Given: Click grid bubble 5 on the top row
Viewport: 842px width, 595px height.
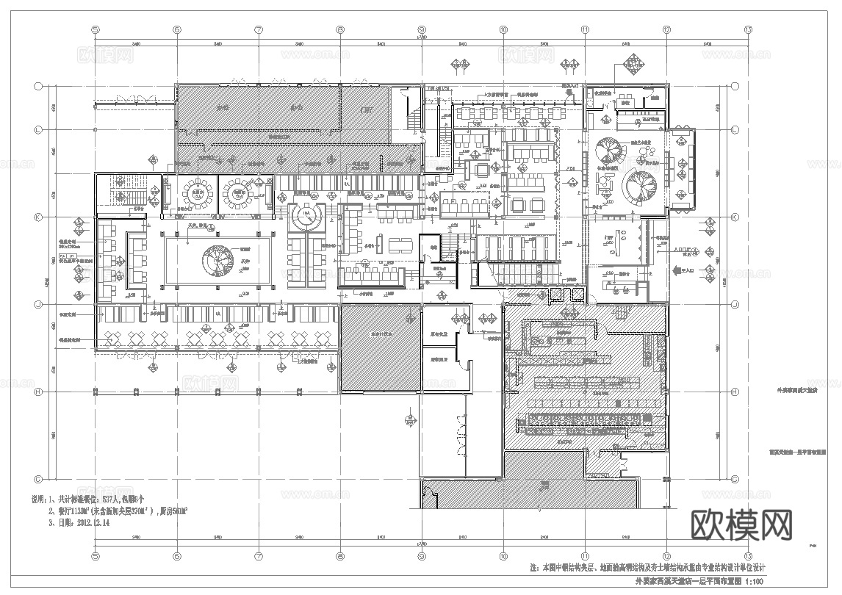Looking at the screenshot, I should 95,30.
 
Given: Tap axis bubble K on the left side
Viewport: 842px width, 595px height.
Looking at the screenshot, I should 37,217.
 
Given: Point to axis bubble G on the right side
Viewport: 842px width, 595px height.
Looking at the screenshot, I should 735,478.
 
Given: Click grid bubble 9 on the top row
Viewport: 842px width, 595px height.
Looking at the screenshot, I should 421,30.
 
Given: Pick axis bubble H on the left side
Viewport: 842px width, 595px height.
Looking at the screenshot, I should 37,392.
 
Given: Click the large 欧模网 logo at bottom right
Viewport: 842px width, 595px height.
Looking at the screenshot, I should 742,525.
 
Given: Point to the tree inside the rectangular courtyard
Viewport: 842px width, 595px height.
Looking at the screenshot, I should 218,259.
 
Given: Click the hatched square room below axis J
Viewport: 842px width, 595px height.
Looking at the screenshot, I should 378,348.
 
